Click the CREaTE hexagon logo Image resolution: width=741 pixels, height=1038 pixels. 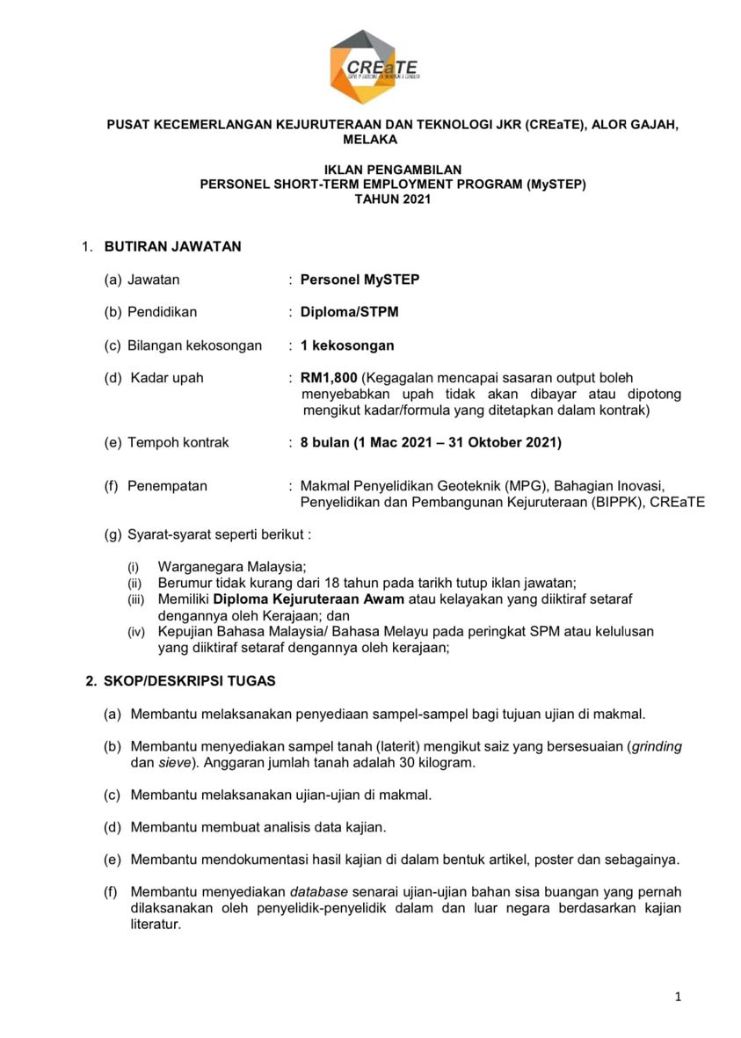(x=374, y=67)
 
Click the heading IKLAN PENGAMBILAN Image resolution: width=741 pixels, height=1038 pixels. (x=392, y=170)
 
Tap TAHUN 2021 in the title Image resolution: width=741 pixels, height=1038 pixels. (x=392, y=200)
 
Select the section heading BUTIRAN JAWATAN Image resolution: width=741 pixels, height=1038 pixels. (x=172, y=247)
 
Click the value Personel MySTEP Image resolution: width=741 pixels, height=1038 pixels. (x=360, y=279)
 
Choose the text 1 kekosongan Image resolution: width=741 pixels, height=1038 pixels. (x=347, y=345)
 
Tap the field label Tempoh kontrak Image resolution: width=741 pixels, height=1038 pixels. (x=178, y=442)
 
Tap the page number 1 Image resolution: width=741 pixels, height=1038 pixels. (x=678, y=997)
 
